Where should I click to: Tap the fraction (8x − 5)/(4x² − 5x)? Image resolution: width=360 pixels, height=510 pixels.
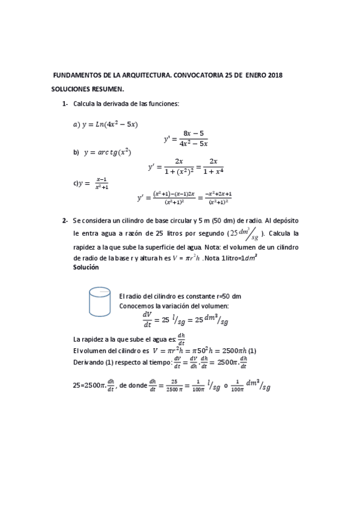coord(194,138)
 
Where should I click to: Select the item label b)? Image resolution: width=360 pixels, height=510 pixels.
coord(76,153)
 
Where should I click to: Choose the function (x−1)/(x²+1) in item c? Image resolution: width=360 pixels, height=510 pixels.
coord(101,183)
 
